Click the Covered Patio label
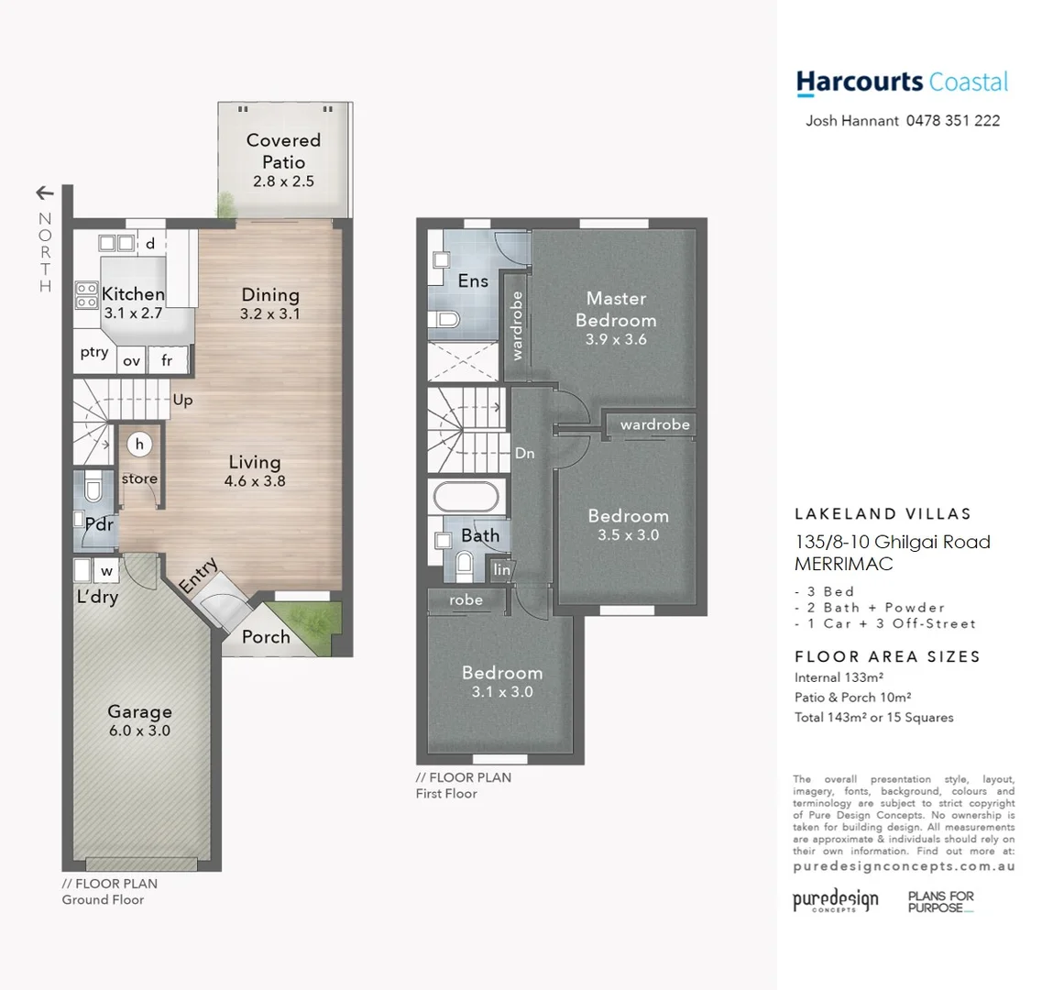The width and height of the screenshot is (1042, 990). pos(283,150)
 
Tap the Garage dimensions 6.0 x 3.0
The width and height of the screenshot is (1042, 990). pos(139,731)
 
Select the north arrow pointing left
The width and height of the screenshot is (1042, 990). pos(44,192)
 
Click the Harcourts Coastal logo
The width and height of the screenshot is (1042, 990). pos(902,82)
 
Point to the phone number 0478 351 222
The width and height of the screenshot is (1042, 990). pos(952,121)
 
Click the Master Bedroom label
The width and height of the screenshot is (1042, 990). pos(616,309)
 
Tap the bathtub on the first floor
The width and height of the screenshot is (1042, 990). pos(466,498)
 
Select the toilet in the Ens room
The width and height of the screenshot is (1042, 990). pos(446,320)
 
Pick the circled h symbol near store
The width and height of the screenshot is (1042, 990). pos(139,445)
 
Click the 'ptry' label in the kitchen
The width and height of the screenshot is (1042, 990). pos(93,353)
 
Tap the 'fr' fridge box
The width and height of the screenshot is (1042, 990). pos(167,360)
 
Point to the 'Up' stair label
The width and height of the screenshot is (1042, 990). pos(182,401)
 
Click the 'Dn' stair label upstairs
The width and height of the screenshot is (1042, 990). pos(524,453)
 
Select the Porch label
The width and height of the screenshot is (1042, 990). pos(265,637)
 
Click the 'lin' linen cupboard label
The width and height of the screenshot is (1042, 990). pos(501,570)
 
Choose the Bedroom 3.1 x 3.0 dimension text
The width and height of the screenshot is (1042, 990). pos(501,692)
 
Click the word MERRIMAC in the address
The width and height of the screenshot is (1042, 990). pos(843,565)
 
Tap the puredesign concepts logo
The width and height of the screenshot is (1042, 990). pos(835,900)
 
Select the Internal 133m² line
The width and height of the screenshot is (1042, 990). pos(839,677)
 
